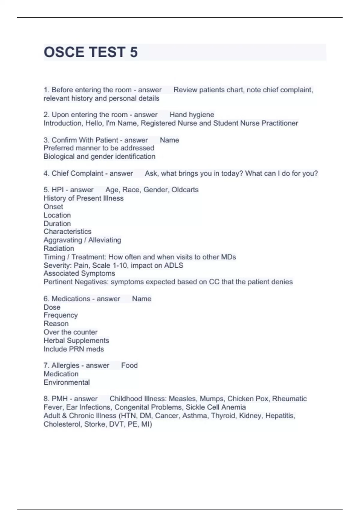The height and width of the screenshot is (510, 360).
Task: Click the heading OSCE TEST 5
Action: tap(91, 52)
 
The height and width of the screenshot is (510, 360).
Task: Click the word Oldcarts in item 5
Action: tap(185, 190)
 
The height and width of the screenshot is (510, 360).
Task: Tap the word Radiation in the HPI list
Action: tap(59, 248)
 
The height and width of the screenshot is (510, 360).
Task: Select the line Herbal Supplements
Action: tap(76, 340)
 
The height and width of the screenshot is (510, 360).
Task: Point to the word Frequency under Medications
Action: tap(61, 315)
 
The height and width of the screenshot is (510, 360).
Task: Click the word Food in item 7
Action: tap(129, 365)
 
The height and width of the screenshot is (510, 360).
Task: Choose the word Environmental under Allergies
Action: tap(67, 382)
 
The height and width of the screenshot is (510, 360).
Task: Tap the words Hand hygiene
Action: tap(192, 115)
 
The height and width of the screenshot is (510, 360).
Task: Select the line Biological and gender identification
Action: tap(99, 156)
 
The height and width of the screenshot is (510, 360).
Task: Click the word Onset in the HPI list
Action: tap(53, 207)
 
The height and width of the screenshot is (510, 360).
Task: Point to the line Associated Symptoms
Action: tap(79, 273)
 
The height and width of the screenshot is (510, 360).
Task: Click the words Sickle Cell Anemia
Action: tap(216, 407)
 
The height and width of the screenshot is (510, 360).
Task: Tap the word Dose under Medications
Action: tap(52, 307)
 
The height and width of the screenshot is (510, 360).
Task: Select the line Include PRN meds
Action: tap(73, 349)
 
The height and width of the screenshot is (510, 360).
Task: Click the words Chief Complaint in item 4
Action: tap(77, 173)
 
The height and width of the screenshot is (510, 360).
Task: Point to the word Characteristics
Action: tap(67, 232)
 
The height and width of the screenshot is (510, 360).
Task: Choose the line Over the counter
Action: tap(70, 332)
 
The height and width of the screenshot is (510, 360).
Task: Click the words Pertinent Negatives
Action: tap(76, 282)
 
